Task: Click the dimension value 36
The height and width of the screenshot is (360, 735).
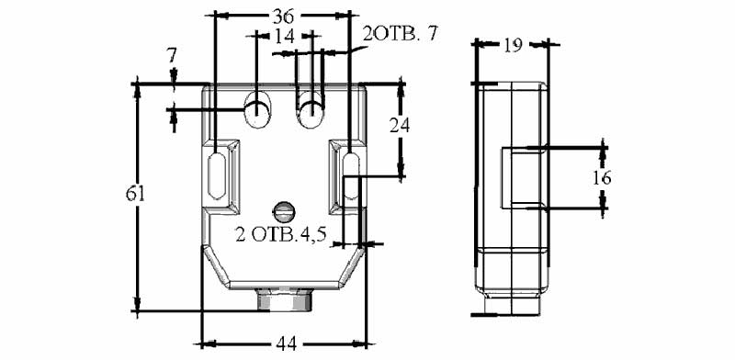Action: pyautogui.click(x=283, y=17)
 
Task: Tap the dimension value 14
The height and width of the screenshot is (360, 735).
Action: pyautogui.click(x=285, y=36)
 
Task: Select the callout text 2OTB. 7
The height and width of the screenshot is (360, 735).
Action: pyautogui.click(x=400, y=34)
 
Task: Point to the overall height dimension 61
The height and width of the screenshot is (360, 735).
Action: pyautogui.click(x=135, y=194)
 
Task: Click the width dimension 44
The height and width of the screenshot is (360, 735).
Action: pyautogui.click(x=286, y=344)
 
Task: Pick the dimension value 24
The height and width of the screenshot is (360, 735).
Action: pyautogui.click(x=400, y=125)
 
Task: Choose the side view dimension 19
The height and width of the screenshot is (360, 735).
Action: pyautogui.click(x=513, y=46)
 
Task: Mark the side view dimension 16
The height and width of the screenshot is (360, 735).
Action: pyautogui.click(x=602, y=178)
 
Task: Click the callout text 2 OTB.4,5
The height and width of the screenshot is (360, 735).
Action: pyautogui.click(x=281, y=234)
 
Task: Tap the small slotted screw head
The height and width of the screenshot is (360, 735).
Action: pyautogui.click(x=284, y=211)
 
